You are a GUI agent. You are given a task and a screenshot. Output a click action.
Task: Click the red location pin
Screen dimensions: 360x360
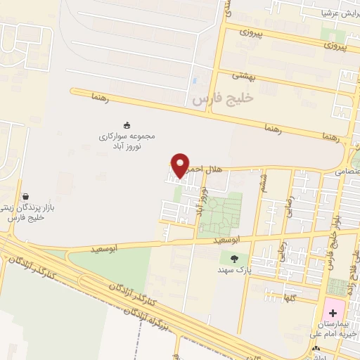pyautogui.click(x=180, y=165)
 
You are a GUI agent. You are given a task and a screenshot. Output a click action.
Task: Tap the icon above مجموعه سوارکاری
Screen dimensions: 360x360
pyautogui.click(x=127, y=124)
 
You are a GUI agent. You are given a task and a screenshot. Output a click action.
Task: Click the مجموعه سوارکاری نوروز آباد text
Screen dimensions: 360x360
pyautogui.click(x=127, y=140)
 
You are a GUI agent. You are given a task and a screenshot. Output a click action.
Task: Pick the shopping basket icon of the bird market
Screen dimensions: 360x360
pyautogui.click(x=26, y=197)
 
